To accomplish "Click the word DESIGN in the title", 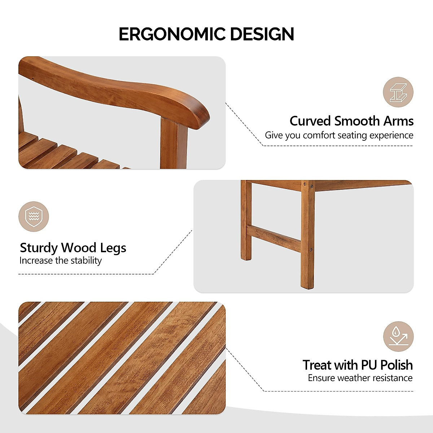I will [262, 34].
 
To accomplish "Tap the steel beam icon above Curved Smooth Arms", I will [398, 92].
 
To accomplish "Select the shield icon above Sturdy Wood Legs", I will [34, 216].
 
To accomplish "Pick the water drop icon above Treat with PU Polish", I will [398, 336].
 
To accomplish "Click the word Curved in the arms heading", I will [310, 121].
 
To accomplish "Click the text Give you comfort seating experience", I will [339, 135].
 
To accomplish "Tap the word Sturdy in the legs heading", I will [39, 248].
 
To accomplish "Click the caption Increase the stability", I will [61, 261].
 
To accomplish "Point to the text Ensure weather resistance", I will [360, 378].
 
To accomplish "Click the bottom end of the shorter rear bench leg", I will [246, 257].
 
